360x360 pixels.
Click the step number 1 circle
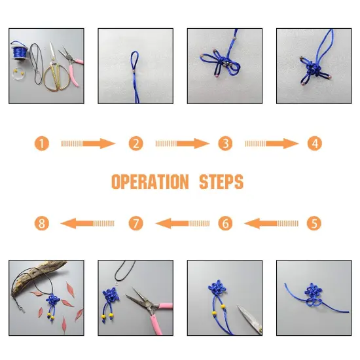coord(42,143)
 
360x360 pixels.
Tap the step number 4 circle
coord(315,143)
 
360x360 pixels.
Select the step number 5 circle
coord(314,223)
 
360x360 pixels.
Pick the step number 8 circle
coord(42,223)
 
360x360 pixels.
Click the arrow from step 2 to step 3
coord(183,143)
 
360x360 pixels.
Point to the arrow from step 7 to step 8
coord(87,223)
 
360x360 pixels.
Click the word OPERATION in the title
coord(150,181)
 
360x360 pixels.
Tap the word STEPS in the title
coord(221,181)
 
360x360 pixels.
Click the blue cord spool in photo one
coord(20,52)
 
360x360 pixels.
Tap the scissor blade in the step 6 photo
coord(250,319)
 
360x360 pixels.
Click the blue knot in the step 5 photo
coord(313,295)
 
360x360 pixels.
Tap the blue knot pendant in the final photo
coord(52,300)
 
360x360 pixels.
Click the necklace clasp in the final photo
coord(21,309)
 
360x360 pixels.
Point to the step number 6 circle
coord(225,223)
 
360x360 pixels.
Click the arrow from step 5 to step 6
coord(272,223)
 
